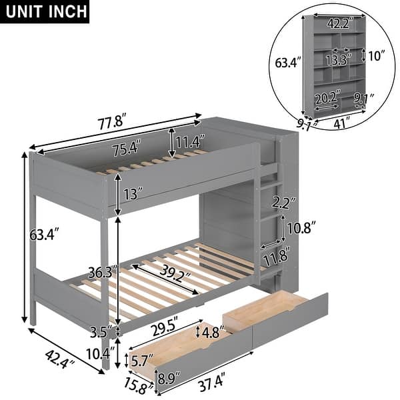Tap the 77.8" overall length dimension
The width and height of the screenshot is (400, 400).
click(x=109, y=123)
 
